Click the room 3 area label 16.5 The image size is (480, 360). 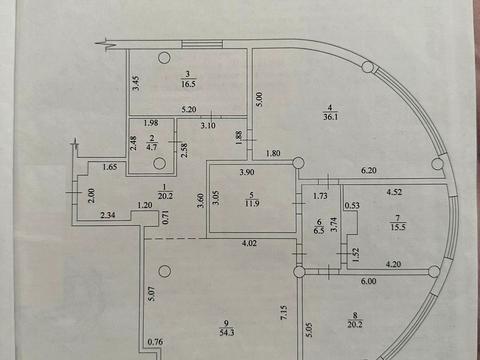tap(188, 83)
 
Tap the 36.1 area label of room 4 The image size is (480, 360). tap(331, 116)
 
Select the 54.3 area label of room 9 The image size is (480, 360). tap(227, 332)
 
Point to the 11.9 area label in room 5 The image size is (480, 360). tap(252, 203)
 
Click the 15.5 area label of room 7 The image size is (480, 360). tap(397, 227)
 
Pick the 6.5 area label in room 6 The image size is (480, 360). tap(319, 230)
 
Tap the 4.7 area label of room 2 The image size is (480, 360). tap(152, 147)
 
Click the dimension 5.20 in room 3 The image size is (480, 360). tap(189, 109)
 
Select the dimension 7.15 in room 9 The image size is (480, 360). tap(284, 314)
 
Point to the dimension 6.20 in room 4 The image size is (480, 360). tap(369, 170)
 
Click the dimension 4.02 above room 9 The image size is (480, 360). tap(249, 243)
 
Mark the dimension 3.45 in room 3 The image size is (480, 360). tap(136, 83)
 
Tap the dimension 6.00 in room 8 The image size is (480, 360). tap(368, 281)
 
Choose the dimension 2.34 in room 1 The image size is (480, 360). tap(108, 215)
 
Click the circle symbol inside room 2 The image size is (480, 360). tap(160, 163)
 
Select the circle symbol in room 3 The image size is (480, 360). tap(164, 58)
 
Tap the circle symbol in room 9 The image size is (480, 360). tap(164, 271)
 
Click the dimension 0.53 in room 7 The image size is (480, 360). tap(352, 205)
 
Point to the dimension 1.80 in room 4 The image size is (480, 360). tap(273, 153)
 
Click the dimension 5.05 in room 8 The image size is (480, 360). tap(310, 329)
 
